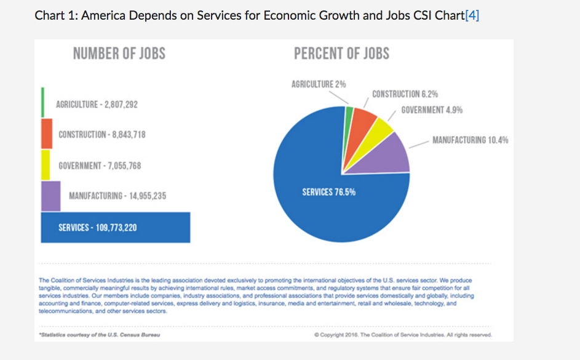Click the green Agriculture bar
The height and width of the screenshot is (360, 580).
(x=42, y=102)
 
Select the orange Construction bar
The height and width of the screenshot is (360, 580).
(x=47, y=134)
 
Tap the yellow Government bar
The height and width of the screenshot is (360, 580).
(x=46, y=165)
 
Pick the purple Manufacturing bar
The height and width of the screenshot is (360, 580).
(x=50, y=196)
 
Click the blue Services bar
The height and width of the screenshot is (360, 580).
(x=115, y=228)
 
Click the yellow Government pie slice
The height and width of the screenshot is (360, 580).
(x=383, y=128)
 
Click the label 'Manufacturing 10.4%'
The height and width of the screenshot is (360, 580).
(x=470, y=140)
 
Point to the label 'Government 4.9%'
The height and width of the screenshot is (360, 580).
(x=432, y=110)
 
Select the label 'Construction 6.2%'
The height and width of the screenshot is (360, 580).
(x=405, y=94)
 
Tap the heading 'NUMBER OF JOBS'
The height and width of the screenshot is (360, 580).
(x=119, y=54)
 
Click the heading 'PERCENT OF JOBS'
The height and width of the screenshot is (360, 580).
(x=341, y=54)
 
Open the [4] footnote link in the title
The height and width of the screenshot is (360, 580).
(x=472, y=15)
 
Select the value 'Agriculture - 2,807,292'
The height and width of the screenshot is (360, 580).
(x=97, y=105)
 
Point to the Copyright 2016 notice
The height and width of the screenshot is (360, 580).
(x=402, y=335)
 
